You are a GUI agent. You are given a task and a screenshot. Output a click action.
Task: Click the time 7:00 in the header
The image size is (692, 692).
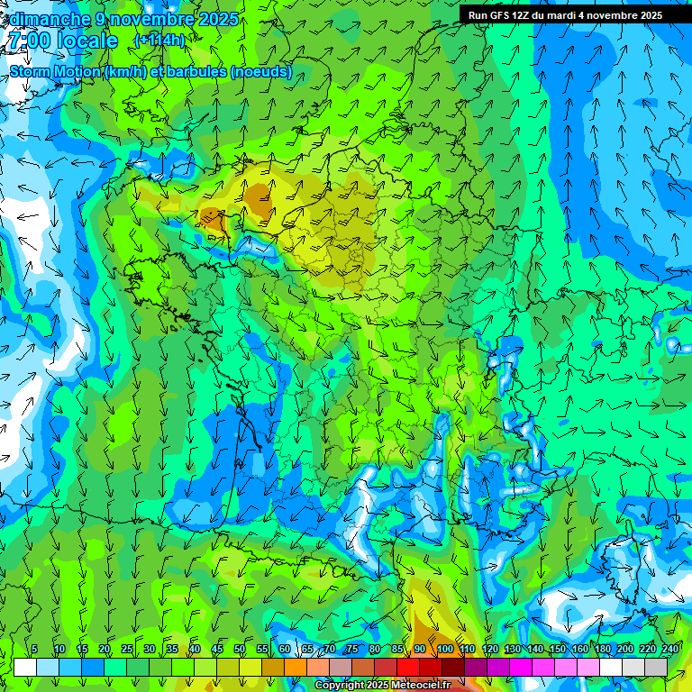coord(29,41)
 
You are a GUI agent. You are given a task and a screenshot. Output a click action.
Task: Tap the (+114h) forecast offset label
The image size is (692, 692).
coord(159,41)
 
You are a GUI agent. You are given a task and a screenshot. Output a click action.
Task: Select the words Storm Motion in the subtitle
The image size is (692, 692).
coord(54,72)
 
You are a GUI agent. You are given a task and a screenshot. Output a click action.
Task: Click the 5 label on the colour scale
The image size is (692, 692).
coord(34,650)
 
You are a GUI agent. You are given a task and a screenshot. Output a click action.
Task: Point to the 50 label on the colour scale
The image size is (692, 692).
coord(240,650)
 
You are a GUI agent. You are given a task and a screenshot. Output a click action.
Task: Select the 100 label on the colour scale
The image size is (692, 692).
coord(445,650)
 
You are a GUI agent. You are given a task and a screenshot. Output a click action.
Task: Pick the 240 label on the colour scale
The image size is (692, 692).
coord(669,650)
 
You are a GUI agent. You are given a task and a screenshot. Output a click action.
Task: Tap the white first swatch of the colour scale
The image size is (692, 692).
coord(25,667)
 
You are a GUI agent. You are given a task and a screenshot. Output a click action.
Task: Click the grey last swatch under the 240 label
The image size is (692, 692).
coord(656,667)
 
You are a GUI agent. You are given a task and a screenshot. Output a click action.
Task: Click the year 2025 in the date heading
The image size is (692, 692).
coord(218,19)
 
